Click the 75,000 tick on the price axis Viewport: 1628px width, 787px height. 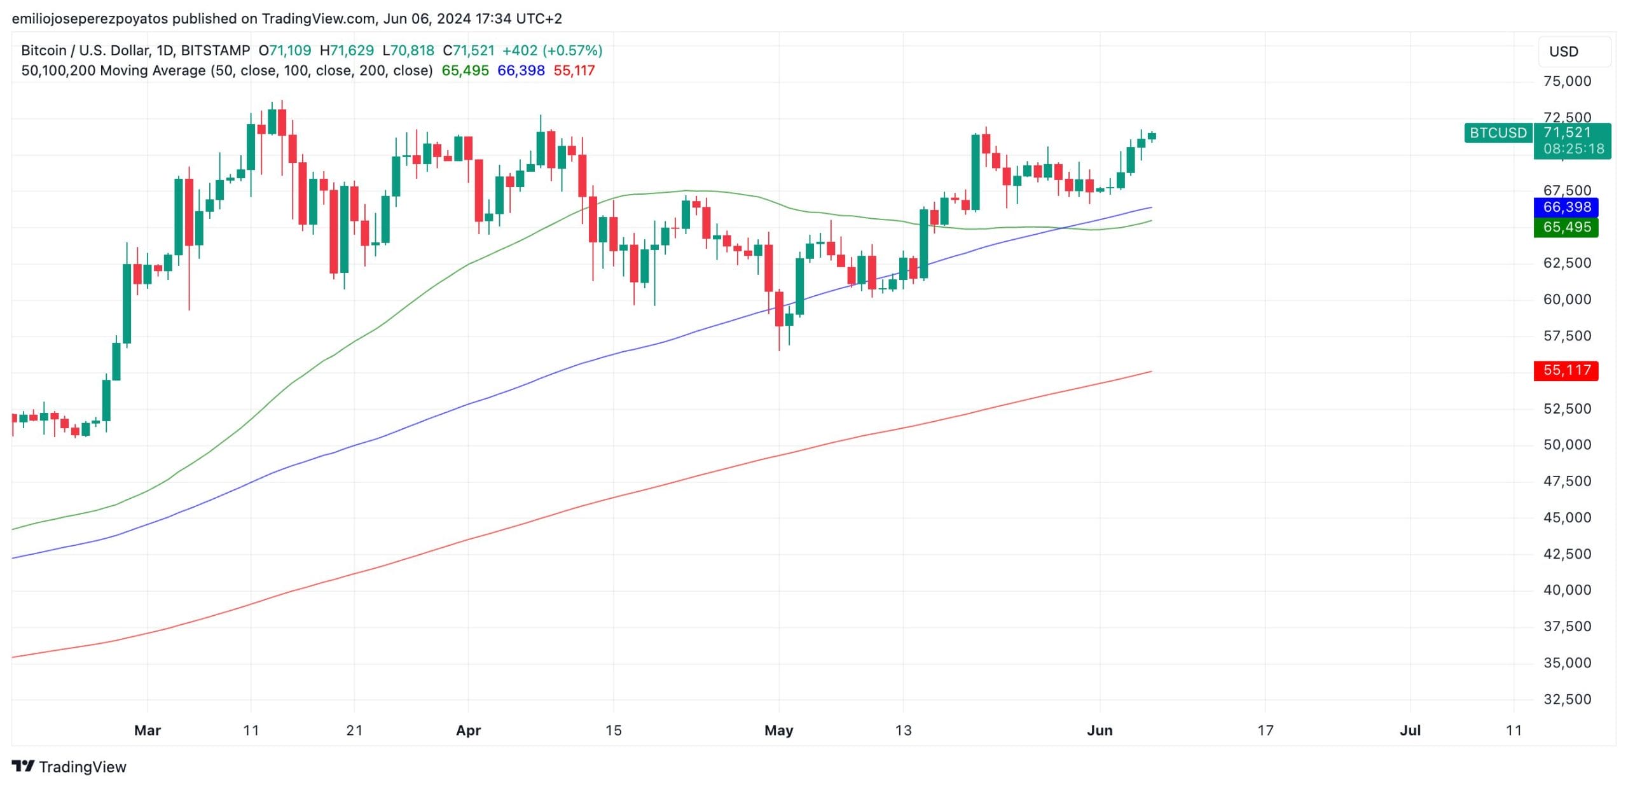point(1567,81)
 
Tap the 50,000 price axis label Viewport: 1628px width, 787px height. point(1567,445)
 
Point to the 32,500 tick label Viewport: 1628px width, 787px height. point(1567,699)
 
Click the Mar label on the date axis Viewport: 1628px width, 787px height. point(148,730)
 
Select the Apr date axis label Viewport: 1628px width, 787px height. point(468,730)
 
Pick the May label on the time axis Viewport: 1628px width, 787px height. point(778,730)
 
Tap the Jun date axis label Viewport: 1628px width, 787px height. point(1100,730)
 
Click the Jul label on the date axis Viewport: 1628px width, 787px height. point(1410,730)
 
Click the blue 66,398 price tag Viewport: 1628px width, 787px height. point(1566,207)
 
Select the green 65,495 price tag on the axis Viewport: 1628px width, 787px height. point(1566,228)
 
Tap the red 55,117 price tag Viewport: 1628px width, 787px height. point(1566,370)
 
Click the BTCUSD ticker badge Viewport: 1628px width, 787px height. point(1498,133)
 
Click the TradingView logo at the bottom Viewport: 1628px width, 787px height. point(69,767)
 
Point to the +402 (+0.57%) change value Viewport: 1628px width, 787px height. point(552,50)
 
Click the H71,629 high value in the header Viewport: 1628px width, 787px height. point(347,50)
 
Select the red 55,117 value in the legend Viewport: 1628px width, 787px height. point(574,71)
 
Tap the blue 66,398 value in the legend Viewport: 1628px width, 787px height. point(521,71)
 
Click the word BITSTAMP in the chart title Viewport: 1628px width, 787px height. point(216,50)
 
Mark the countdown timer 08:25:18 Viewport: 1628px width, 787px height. point(1573,150)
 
